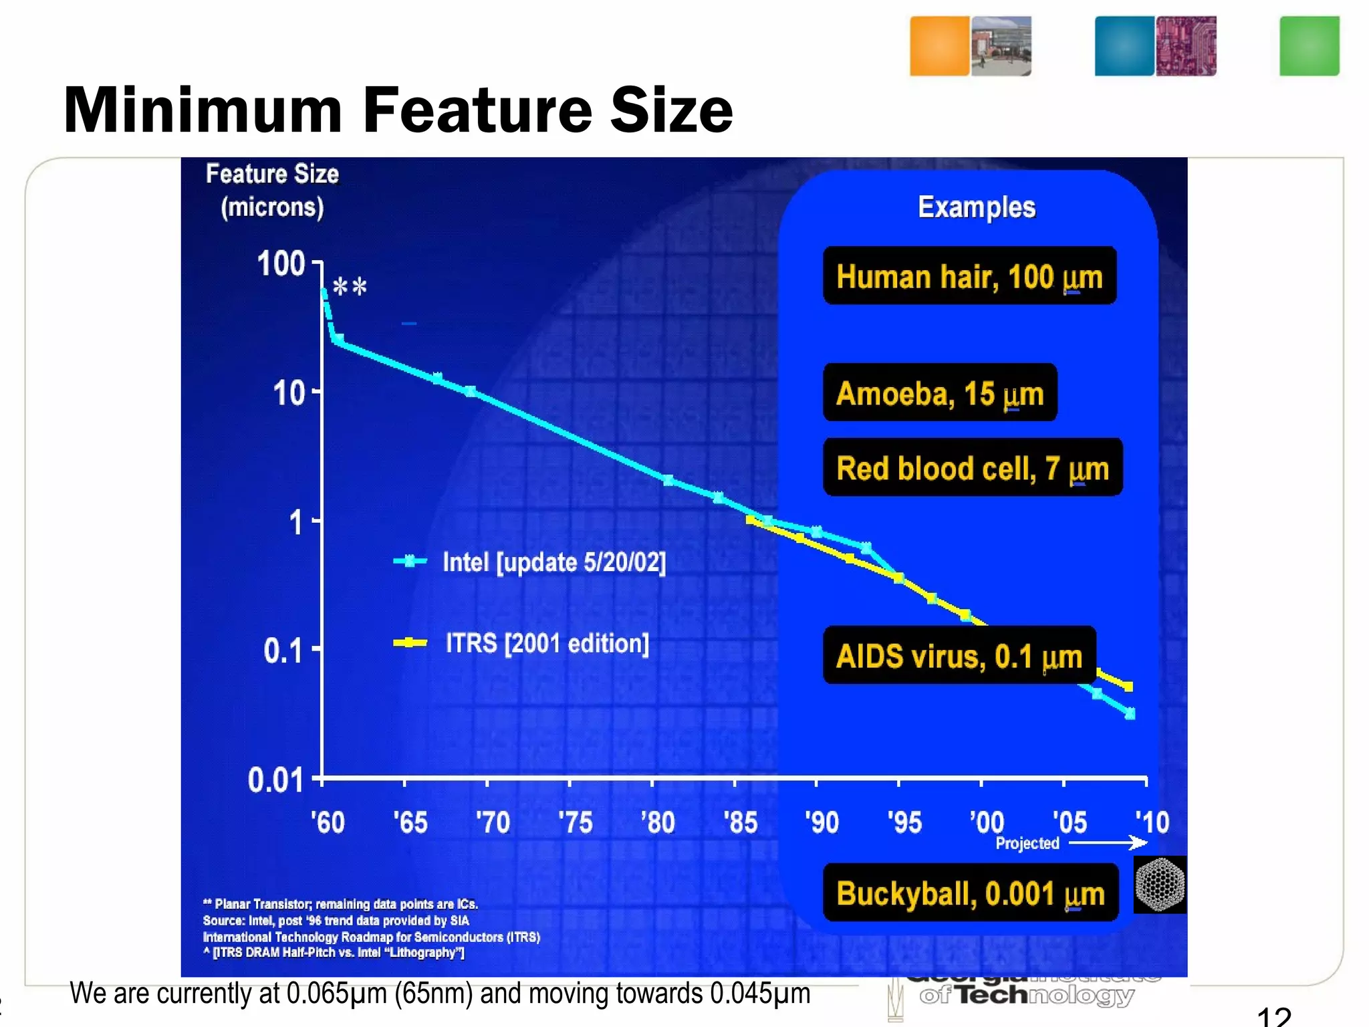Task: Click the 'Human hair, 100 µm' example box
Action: [969, 275]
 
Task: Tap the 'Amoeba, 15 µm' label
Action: [939, 392]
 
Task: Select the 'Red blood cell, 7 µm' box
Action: [972, 467]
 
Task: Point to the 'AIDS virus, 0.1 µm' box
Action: [959, 655]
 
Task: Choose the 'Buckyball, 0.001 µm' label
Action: [970, 893]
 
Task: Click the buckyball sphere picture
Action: [1160, 884]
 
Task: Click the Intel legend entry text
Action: [554, 562]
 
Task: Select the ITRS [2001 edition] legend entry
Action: [547, 643]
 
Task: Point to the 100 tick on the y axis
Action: [281, 263]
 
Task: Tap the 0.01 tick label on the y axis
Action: [275, 780]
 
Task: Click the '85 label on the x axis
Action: [741, 822]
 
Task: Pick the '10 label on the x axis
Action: [1152, 822]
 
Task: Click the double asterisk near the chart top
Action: [350, 288]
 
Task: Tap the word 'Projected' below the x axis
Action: [1027, 843]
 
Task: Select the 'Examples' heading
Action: [977, 207]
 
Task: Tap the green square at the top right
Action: [1309, 45]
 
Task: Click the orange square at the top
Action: [939, 45]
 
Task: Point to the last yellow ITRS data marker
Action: [1128, 686]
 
